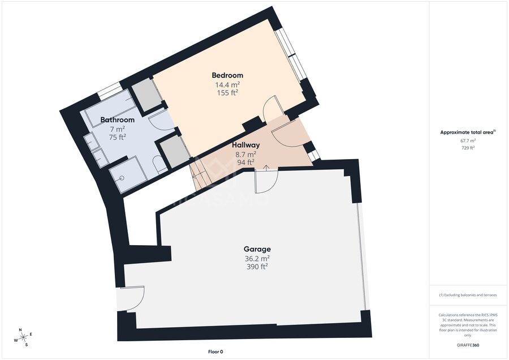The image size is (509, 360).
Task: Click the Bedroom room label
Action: pyautogui.click(x=227, y=75)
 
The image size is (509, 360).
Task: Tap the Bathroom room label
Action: pyautogui.click(x=117, y=120)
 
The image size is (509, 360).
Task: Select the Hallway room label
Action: pyautogui.click(x=246, y=145)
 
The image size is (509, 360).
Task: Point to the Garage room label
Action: pyautogui.click(x=257, y=249)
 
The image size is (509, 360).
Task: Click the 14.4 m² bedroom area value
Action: pyautogui.click(x=227, y=85)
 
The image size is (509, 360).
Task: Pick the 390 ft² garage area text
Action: pyautogui.click(x=257, y=267)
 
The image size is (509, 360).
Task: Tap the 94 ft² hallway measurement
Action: pyautogui.click(x=246, y=162)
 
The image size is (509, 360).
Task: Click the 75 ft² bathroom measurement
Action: pyautogui.click(x=117, y=137)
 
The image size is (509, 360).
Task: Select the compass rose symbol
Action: pyautogui.click(x=23, y=337)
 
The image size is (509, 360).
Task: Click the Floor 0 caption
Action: pyautogui.click(x=215, y=352)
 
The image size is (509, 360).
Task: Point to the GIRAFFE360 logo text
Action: pyautogui.click(x=468, y=345)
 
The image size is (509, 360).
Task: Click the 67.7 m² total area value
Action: pyautogui.click(x=468, y=141)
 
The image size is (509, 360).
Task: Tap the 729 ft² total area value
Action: pyautogui.click(x=468, y=148)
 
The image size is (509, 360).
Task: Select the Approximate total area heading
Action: pyautogui.click(x=468, y=132)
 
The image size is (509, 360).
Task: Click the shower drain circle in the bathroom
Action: pyautogui.click(x=122, y=178)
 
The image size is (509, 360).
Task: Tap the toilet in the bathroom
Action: pyautogui.click(x=159, y=164)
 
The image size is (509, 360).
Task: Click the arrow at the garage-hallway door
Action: pyautogui.click(x=266, y=168)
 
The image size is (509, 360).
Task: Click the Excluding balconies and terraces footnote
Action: pyautogui.click(x=468, y=295)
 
